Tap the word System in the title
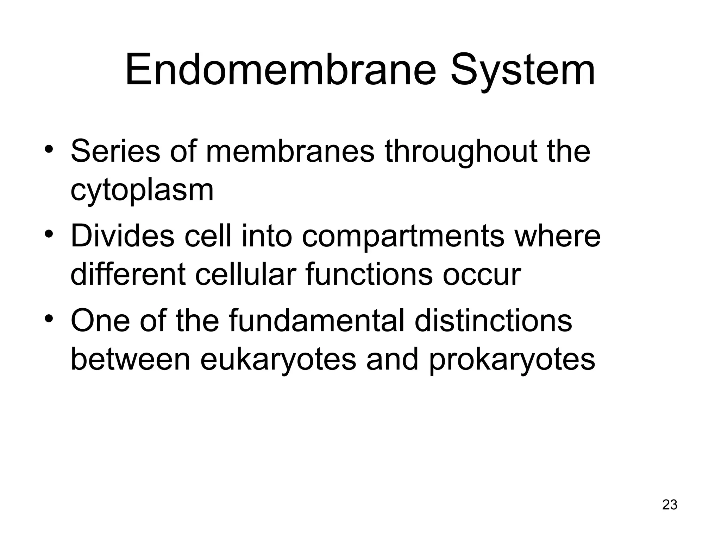[523, 69]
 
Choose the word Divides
[123, 236]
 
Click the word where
[558, 236]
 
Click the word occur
[482, 275]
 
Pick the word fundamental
[317, 321]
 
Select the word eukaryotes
[278, 359]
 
